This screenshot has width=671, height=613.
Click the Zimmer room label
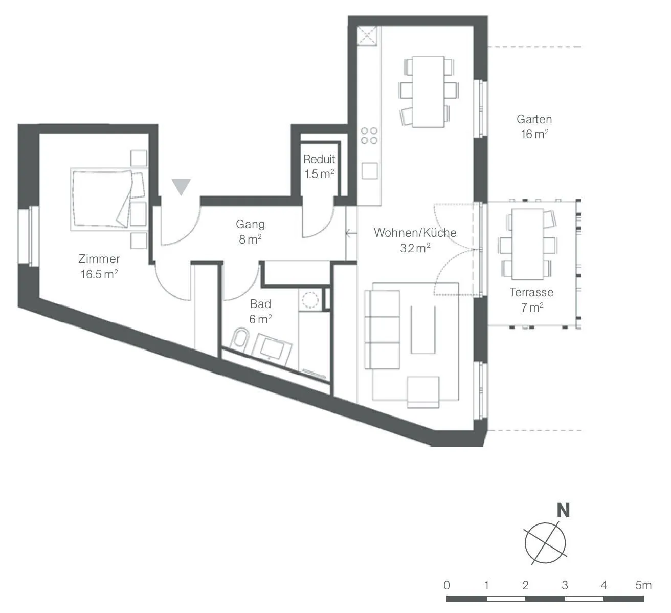point(99,267)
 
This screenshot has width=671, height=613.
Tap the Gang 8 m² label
point(250,232)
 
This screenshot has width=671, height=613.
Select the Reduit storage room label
point(319,166)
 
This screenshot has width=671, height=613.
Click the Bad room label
point(260,311)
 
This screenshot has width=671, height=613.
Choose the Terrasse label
point(531,299)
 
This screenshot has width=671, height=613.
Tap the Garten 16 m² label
point(534,126)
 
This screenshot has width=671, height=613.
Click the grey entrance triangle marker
point(181,187)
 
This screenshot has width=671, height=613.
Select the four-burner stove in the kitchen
point(369,136)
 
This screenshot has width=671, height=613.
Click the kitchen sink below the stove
point(370,171)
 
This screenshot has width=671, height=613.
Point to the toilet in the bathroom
point(240,338)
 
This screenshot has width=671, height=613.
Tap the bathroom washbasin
point(272,349)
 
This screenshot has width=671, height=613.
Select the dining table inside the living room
point(429,92)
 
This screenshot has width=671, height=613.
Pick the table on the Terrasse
point(528,245)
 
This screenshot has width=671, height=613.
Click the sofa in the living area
point(382,330)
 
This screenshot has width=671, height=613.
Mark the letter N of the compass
point(563,511)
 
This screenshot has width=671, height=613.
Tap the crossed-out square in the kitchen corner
point(368,35)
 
